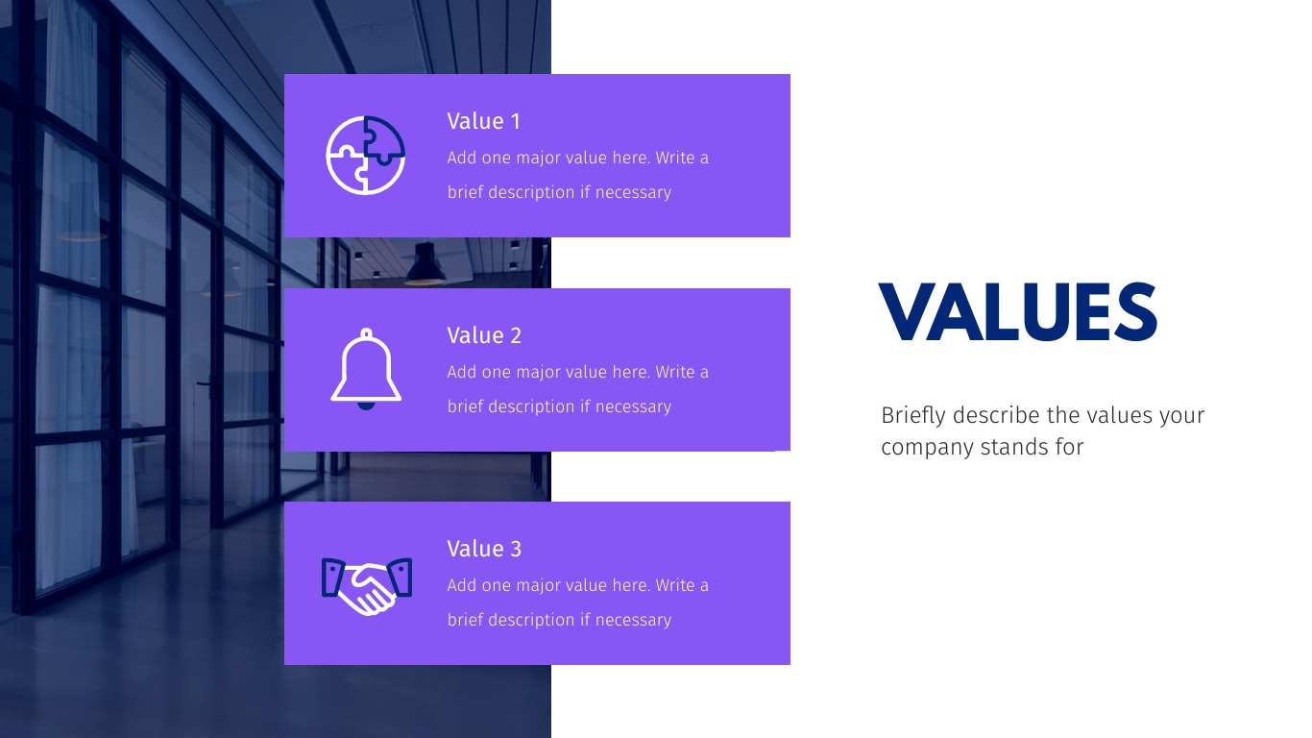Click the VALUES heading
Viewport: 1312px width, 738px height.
coord(1017,312)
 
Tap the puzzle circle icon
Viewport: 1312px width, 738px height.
coord(366,155)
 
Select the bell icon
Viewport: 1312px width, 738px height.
coord(366,369)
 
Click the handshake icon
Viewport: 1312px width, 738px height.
coord(367,586)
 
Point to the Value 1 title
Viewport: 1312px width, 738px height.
coord(484,121)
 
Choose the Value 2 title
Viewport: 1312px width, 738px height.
coord(484,336)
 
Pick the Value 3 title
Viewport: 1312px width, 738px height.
coord(484,550)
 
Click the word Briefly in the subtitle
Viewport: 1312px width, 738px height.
coord(913,416)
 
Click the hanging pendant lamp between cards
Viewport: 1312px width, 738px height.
coord(425,265)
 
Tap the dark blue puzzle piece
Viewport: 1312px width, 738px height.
coord(384,139)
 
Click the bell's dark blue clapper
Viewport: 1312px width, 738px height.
coord(366,406)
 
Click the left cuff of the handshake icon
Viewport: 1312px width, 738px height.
coord(332,578)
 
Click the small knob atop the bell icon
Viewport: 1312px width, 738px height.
coord(366,333)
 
